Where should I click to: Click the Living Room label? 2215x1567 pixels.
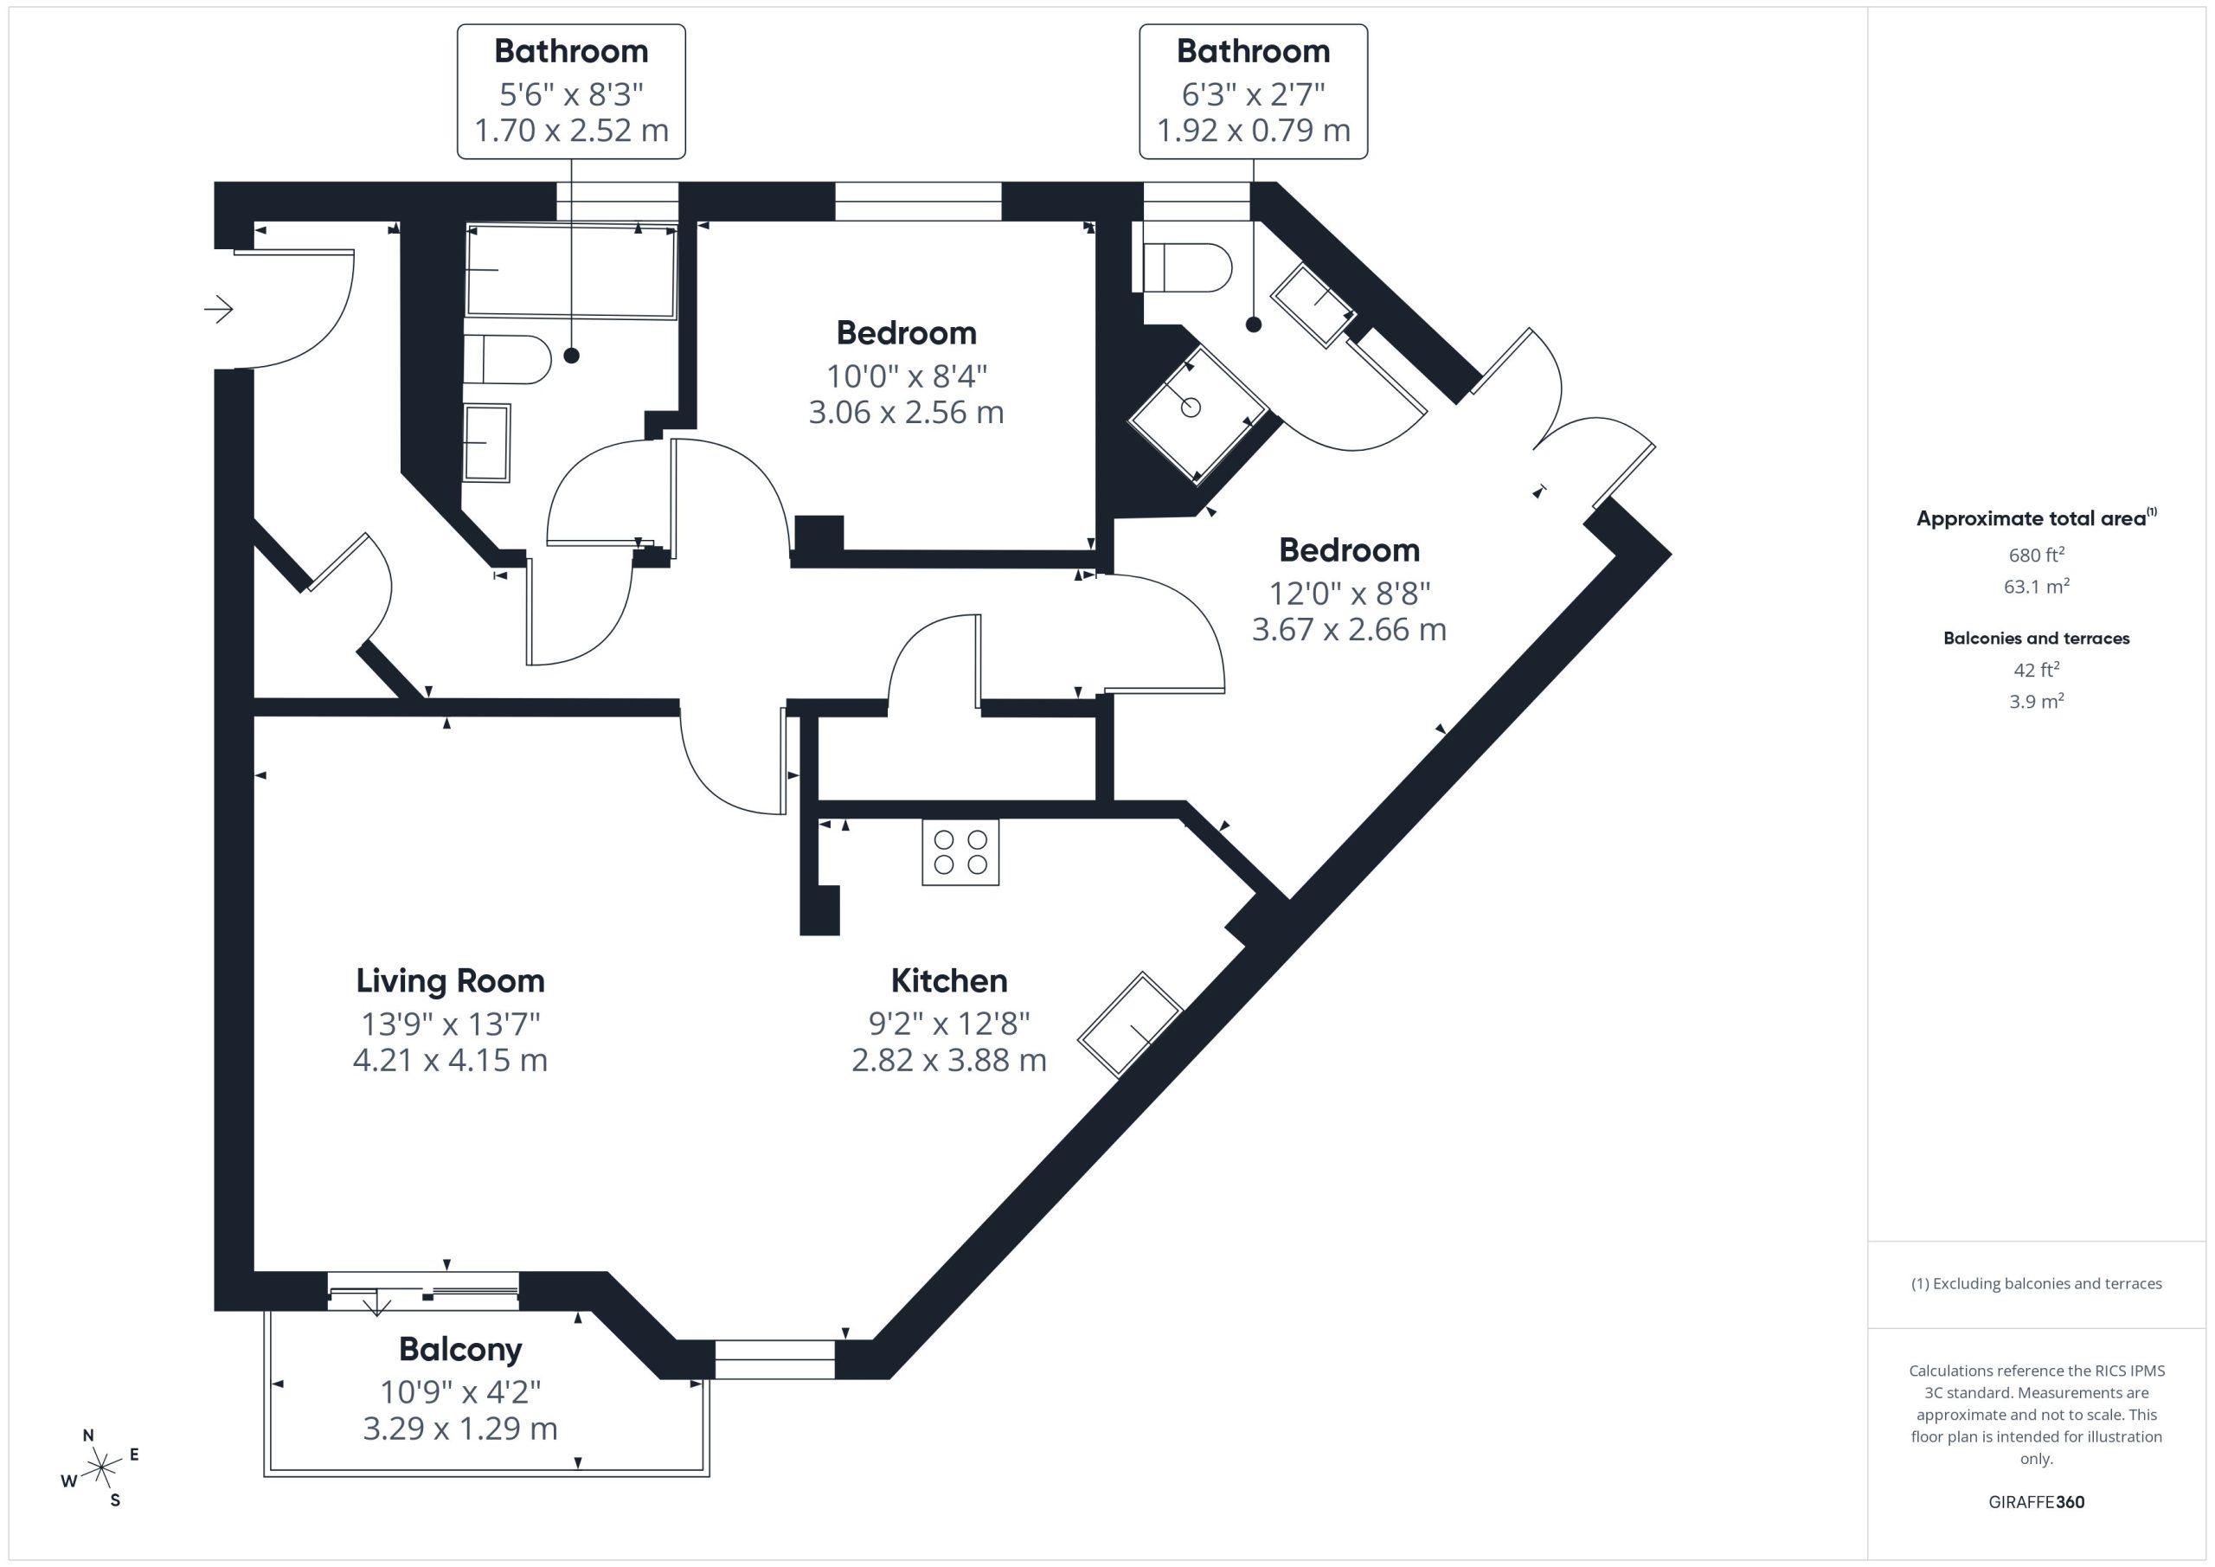(450, 980)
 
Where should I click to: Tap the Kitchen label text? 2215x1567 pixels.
(948, 980)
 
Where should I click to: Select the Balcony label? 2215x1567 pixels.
(460, 1349)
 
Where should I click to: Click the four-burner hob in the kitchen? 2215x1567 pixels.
(960, 852)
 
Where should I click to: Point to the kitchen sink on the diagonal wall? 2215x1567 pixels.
(1129, 1024)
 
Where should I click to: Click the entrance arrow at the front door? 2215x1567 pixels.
(219, 309)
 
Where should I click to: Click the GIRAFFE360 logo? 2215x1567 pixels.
(2036, 1501)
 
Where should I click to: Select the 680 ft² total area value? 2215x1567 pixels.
(2036, 555)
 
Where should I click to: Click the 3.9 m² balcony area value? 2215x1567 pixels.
(2036, 702)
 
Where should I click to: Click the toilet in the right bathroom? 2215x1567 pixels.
(1188, 267)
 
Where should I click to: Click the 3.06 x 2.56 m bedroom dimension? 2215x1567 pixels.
(906, 412)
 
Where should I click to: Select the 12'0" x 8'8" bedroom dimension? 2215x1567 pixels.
(1349, 593)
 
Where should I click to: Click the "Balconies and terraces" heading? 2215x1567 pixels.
(2036, 638)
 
